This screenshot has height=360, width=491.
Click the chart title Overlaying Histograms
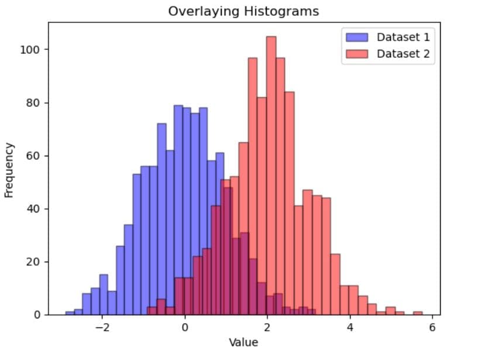tap(243, 11)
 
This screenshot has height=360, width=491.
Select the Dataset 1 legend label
tap(403, 37)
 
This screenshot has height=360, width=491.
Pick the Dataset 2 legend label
tap(403, 54)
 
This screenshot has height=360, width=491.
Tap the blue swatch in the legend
tap(357, 37)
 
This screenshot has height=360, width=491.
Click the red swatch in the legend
tap(357, 54)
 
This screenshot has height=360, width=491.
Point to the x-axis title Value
tap(243, 342)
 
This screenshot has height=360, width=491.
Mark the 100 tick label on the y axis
tap(31, 50)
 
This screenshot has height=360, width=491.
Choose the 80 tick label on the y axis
tap(33, 103)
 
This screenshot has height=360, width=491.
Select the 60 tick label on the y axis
tap(33, 156)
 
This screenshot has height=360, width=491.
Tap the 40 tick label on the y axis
tap(33, 209)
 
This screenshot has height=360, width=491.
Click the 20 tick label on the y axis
tap(33, 262)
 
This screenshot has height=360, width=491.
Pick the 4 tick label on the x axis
tap(350, 327)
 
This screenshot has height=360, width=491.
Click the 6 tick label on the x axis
tap(432, 327)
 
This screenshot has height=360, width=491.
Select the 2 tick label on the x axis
tap(267, 327)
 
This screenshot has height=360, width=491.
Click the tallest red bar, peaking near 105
tap(271, 176)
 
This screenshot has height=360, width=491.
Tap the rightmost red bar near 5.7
tap(417, 313)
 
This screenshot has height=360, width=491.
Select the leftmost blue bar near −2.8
tap(70, 313)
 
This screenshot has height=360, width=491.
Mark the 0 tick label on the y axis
tap(36, 315)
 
